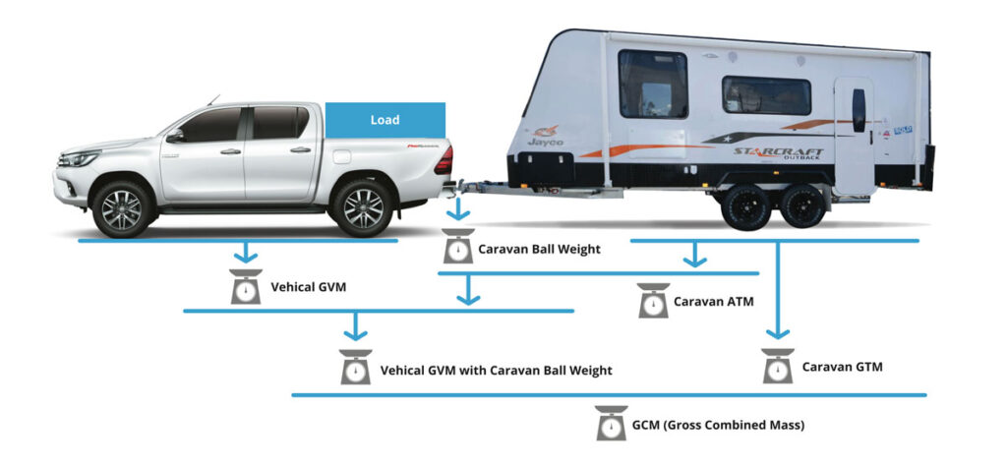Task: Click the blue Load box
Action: pyautogui.click(x=385, y=120)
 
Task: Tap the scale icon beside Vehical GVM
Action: pyautogui.click(x=245, y=286)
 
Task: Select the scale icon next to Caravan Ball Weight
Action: pyautogui.click(x=456, y=247)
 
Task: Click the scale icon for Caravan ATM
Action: pyautogui.click(x=653, y=300)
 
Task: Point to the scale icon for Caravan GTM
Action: pyautogui.click(x=778, y=366)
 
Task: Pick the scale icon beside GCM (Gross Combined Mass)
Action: pyautogui.click(x=611, y=424)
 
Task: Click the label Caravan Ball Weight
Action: pyautogui.click(x=539, y=249)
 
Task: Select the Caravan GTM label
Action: pyautogui.click(x=842, y=367)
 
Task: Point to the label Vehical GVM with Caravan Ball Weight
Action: pyautogui.click(x=496, y=371)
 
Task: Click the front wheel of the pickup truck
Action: pyautogui.click(x=122, y=208)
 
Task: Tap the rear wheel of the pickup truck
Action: pyautogui.click(x=362, y=207)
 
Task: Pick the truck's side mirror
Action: pyautogui.click(x=174, y=136)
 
